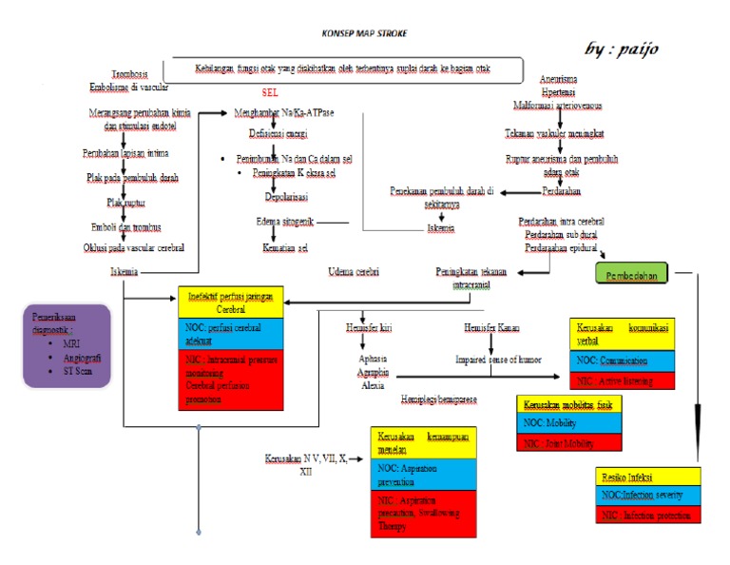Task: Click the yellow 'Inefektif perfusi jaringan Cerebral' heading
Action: tap(231, 303)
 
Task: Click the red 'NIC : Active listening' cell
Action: tap(622, 380)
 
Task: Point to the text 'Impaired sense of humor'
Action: tap(498, 360)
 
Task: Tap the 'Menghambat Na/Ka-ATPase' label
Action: tap(283, 111)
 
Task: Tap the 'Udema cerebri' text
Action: tap(354, 271)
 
